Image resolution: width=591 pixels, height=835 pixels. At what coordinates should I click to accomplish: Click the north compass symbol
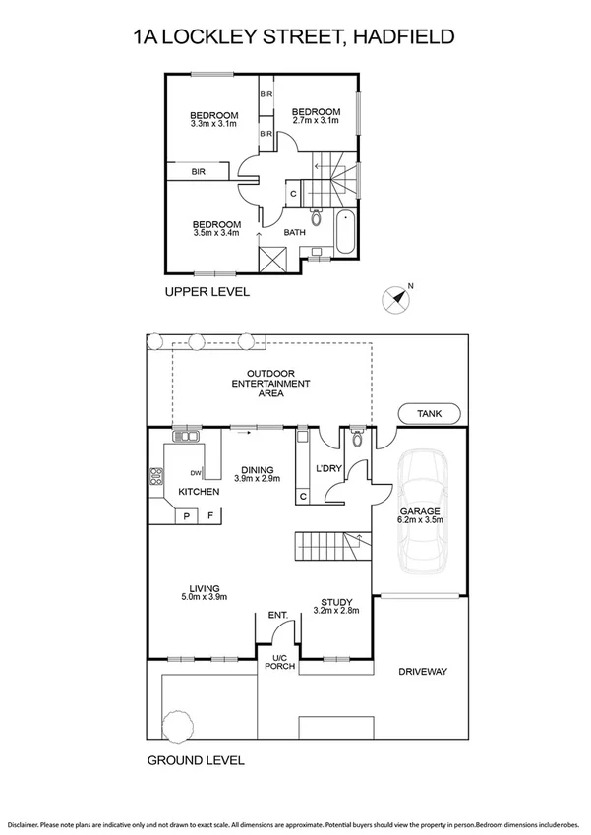pyautogui.click(x=397, y=299)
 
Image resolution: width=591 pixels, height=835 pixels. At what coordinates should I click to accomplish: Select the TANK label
pyautogui.click(x=430, y=415)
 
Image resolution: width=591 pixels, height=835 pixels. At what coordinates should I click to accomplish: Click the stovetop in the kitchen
pyautogui.click(x=155, y=480)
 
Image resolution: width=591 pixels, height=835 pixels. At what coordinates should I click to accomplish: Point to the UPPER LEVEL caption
pyautogui.click(x=207, y=292)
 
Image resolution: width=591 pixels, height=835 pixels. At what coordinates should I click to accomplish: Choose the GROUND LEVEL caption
pyautogui.click(x=196, y=760)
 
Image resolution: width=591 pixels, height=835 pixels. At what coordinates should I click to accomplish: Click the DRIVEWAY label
pyautogui.click(x=423, y=672)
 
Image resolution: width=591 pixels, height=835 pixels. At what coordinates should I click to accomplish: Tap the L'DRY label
pyautogui.click(x=327, y=468)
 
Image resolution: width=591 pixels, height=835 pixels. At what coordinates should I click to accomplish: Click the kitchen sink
pyautogui.click(x=186, y=436)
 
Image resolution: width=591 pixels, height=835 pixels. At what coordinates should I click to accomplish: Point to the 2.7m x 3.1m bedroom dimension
pyautogui.click(x=317, y=122)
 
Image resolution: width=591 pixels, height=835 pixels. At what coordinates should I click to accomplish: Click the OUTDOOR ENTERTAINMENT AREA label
pyautogui.click(x=271, y=383)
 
